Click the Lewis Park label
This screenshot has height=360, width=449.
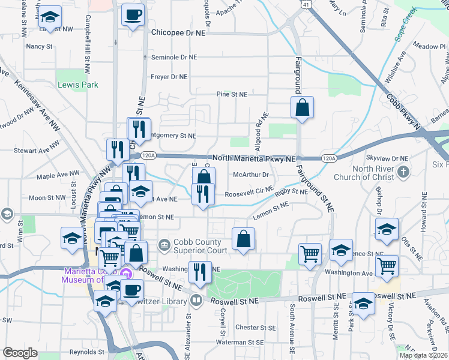click(77, 85)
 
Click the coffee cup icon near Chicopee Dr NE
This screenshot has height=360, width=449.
click(133, 15)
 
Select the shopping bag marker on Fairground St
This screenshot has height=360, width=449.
click(303, 108)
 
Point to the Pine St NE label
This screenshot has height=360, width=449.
click(232, 95)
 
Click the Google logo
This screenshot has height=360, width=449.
click(20, 353)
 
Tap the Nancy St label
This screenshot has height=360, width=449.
click(40, 46)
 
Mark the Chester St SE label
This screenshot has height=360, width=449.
click(255, 328)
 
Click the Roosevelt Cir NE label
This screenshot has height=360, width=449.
click(249, 194)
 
